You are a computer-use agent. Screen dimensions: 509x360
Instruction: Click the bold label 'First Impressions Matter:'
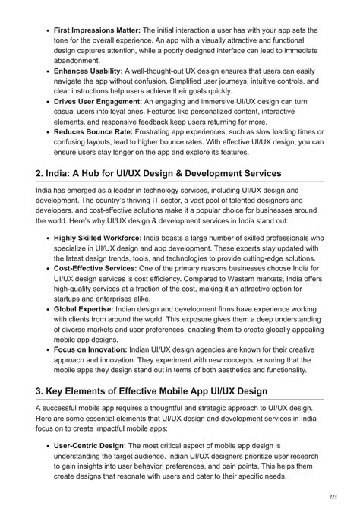point(98,30)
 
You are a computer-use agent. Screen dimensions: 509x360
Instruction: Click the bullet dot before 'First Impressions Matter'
point(47,30)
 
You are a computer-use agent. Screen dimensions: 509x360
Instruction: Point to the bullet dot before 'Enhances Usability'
point(47,71)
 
